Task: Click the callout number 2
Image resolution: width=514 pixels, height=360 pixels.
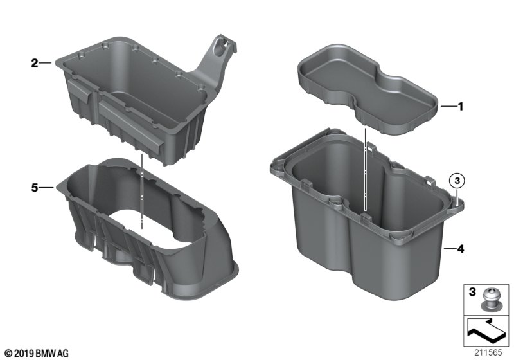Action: pos(34,63)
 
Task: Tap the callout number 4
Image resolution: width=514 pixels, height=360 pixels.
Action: pos(459,247)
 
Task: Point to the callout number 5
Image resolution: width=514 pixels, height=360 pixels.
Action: pos(34,188)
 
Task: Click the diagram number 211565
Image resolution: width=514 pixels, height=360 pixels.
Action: pos(492,352)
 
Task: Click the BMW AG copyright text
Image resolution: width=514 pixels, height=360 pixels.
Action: pos(36,352)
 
